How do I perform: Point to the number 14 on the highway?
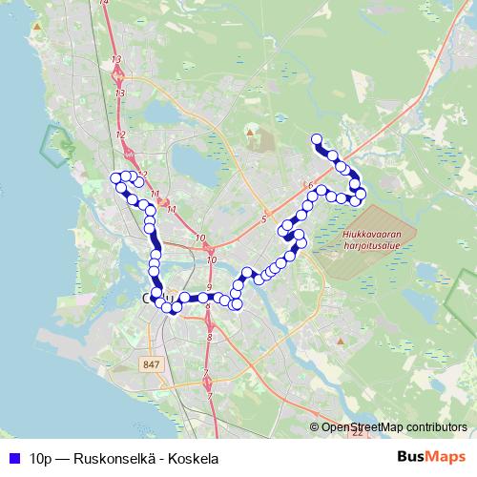(105, 7)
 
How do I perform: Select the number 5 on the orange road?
(262, 220)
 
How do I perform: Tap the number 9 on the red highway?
(208, 287)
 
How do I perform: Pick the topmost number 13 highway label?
(117, 60)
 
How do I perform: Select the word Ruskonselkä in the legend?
(104, 458)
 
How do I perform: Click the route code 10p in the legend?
(41, 458)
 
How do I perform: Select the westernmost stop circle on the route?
(116, 177)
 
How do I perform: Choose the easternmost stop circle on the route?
(361, 194)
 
